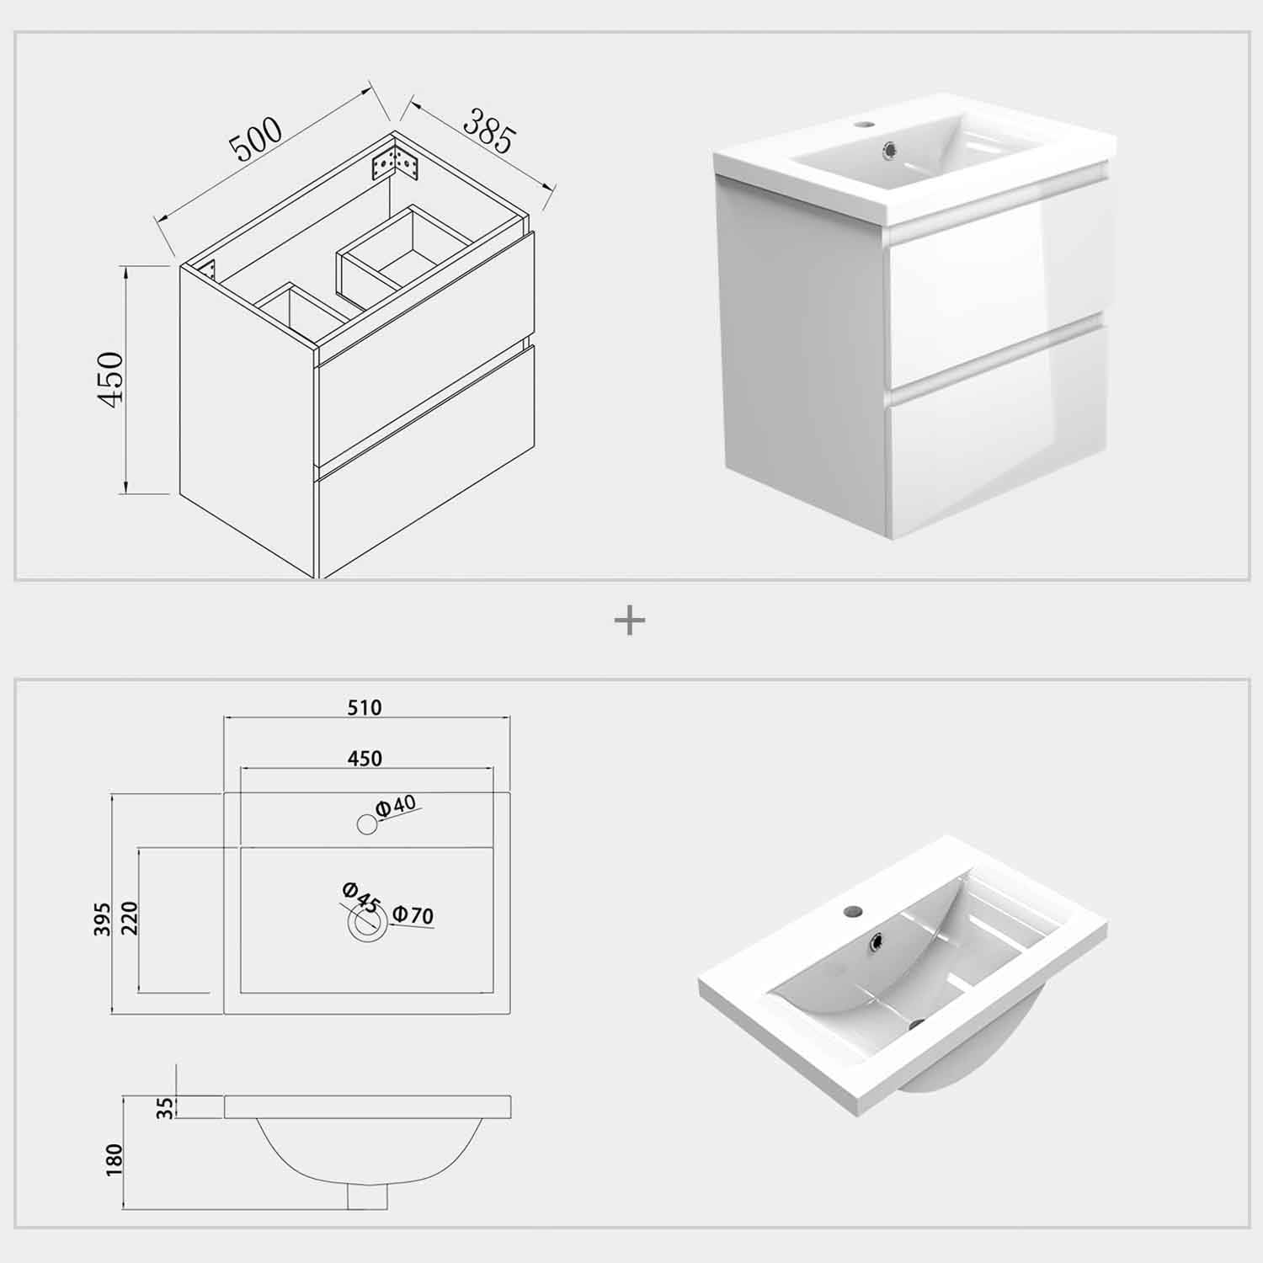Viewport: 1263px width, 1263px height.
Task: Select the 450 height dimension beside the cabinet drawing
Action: (x=111, y=379)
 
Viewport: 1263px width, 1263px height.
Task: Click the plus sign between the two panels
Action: (x=630, y=622)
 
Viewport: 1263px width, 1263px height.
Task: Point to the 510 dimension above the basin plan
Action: (x=365, y=707)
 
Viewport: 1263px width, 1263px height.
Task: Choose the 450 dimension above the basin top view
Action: (x=365, y=759)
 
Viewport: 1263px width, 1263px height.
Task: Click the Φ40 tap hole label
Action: (x=397, y=806)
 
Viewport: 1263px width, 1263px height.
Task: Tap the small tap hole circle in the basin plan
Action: (x=366, y=824)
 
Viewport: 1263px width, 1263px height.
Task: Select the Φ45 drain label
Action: (x=361, y=897)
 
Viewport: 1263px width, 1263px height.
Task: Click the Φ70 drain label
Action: (x=413, y=914)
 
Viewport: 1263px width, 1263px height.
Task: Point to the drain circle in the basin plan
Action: (x=365, y=924)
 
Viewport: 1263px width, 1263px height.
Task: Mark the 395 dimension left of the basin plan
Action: (x=103, y=920)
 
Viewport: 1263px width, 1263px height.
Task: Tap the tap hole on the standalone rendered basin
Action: (x=855, y=910)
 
